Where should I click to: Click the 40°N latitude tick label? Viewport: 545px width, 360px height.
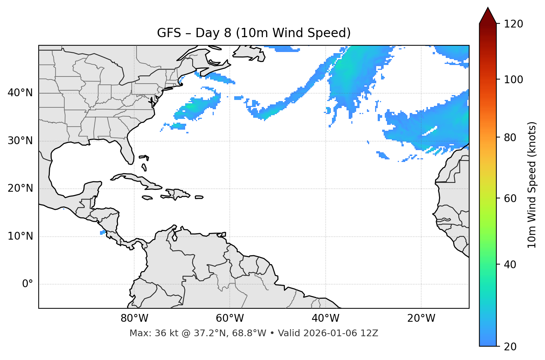[20, 93]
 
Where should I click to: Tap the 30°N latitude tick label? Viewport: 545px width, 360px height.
[20, 141]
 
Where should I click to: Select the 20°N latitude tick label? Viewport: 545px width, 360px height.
[20, 188]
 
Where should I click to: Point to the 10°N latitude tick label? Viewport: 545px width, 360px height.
[20, 236]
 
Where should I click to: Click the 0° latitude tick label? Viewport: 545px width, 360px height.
[28, 284]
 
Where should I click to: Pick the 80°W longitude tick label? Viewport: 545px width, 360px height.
[134, 318]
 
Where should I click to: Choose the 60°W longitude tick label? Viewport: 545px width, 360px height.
[230, 318]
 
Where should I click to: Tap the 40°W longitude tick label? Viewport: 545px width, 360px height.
[325, 318]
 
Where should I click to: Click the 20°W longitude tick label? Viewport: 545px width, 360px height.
[421, 318]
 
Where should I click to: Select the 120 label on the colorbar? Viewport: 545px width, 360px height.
[513, 24]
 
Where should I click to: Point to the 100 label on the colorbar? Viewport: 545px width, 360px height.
[513, 80]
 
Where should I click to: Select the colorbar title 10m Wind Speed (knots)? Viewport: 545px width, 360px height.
[532, 185]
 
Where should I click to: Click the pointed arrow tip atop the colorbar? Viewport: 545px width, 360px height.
[488, 9]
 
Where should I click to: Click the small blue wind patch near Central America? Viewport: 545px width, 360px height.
[103, 232]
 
